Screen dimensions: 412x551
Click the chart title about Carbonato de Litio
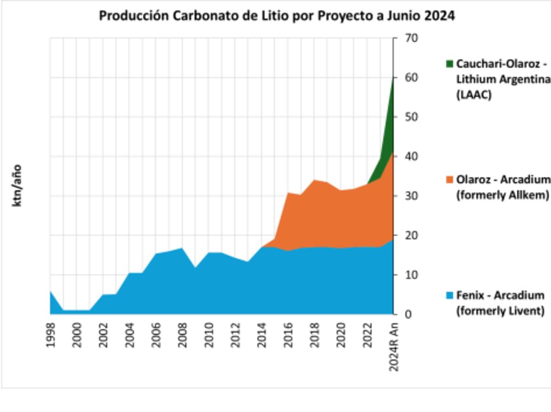click(277, 15)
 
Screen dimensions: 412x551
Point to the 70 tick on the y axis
click(412, 38)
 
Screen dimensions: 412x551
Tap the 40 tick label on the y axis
click(412, 156)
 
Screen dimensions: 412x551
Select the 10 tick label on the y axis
click(412, 275)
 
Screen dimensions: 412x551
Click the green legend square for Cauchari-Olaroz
click(450, 64)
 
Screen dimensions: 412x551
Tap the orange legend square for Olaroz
click(450, 180)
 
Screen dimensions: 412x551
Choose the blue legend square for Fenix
click(450, 296)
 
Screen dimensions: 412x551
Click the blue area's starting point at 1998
click(51, 291)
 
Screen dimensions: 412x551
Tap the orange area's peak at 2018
click(315, 180)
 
